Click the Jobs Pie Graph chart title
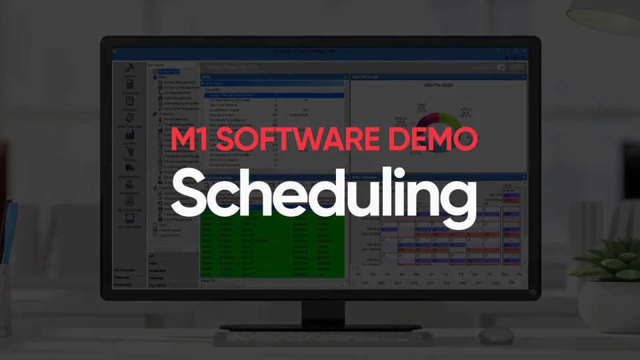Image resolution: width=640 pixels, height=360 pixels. [437, 85]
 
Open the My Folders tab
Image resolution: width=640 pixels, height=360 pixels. [158, 285]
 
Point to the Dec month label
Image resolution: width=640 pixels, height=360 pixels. [518, 273]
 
